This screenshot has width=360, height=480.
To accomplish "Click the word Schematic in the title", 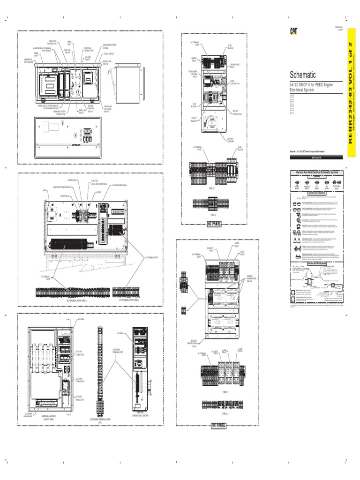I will tap(303, 75).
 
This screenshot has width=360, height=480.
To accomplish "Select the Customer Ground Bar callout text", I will tap(28, 414).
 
